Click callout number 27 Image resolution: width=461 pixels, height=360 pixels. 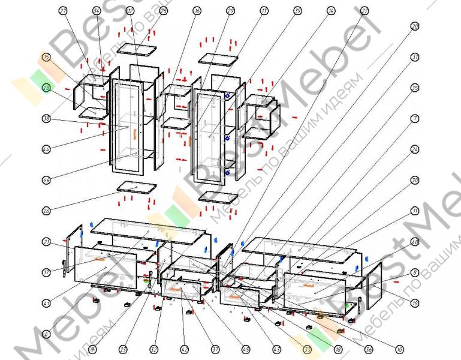(64, 11)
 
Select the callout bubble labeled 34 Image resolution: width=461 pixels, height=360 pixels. (97, 11)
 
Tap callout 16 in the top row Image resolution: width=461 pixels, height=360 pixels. (197, 11)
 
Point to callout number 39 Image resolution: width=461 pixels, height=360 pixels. (298, 11)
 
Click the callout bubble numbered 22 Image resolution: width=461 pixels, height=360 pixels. (364, 11)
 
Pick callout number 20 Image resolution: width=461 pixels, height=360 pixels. (414, 26)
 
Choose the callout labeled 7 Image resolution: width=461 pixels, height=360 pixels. (414, 118)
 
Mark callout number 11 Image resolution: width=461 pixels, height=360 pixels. (414, 211)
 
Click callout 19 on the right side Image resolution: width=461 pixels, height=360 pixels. (414, 302)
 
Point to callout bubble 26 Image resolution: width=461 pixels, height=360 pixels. (46, 211)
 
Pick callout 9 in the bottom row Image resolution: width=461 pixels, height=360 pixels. (92, 349)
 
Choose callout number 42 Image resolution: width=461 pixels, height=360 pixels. (185, 349)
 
